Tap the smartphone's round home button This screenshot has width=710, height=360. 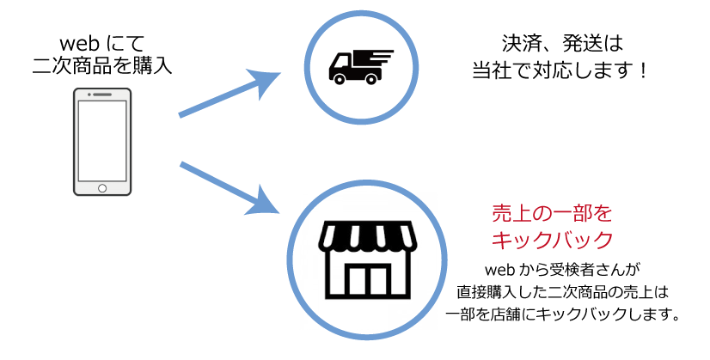[x=102, y=188]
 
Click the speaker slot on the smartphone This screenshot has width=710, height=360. [x=103, y=94]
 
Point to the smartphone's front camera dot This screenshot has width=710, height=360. [x=87, y=94]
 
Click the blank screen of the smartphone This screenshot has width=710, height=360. [x=102, y=140]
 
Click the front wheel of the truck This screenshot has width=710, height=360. [x=339, y=79]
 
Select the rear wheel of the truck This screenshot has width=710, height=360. [x=372, y=79]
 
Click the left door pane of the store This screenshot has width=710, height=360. [x=358, y=279]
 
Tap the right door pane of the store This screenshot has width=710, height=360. [x=378, y=279]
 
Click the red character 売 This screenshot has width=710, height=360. [x=501, y=213]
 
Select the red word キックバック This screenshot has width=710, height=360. [x=551, y=240]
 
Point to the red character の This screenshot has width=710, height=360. [x=542, y=213]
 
